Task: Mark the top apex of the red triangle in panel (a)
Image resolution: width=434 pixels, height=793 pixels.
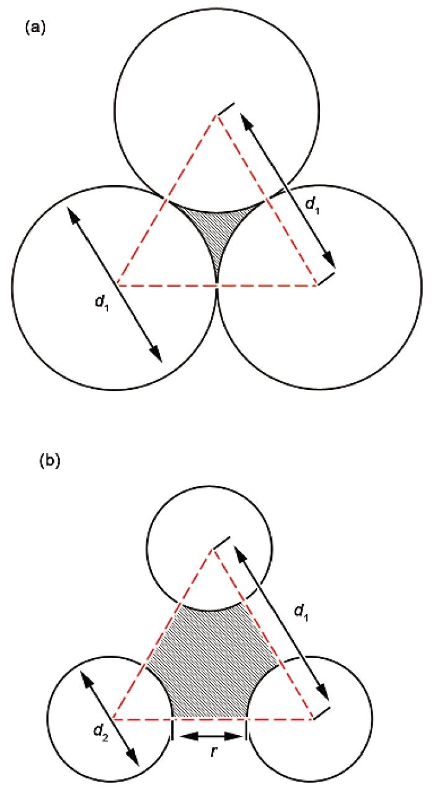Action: coord(217,115)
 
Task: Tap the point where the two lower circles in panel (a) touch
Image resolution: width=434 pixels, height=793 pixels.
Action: coord(217,287)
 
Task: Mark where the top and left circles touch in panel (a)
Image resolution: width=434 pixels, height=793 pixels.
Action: coord(166,199)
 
